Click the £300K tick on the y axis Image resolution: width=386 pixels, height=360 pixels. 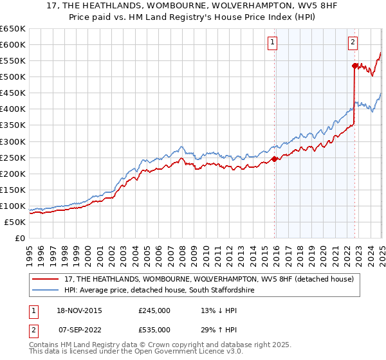[12, 141]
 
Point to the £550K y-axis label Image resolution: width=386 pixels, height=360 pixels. [12, 61]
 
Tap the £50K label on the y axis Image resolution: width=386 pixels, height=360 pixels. [15, 222]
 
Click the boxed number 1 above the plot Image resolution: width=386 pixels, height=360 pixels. [273, 43]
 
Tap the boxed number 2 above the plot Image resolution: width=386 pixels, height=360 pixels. [353, 43]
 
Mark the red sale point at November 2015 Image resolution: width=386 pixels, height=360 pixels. [274, 159]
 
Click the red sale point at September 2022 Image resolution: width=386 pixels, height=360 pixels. [354, 66]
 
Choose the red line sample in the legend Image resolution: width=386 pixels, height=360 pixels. [46, 280]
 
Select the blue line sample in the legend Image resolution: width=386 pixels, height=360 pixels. [46, 291]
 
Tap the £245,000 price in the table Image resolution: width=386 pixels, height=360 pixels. [154, 310]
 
